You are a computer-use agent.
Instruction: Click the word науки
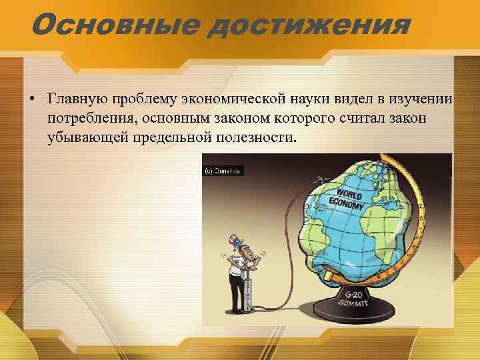pos(311,99)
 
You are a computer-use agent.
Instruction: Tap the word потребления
pos(88,119)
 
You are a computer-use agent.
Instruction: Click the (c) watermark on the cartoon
pos(223,171)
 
